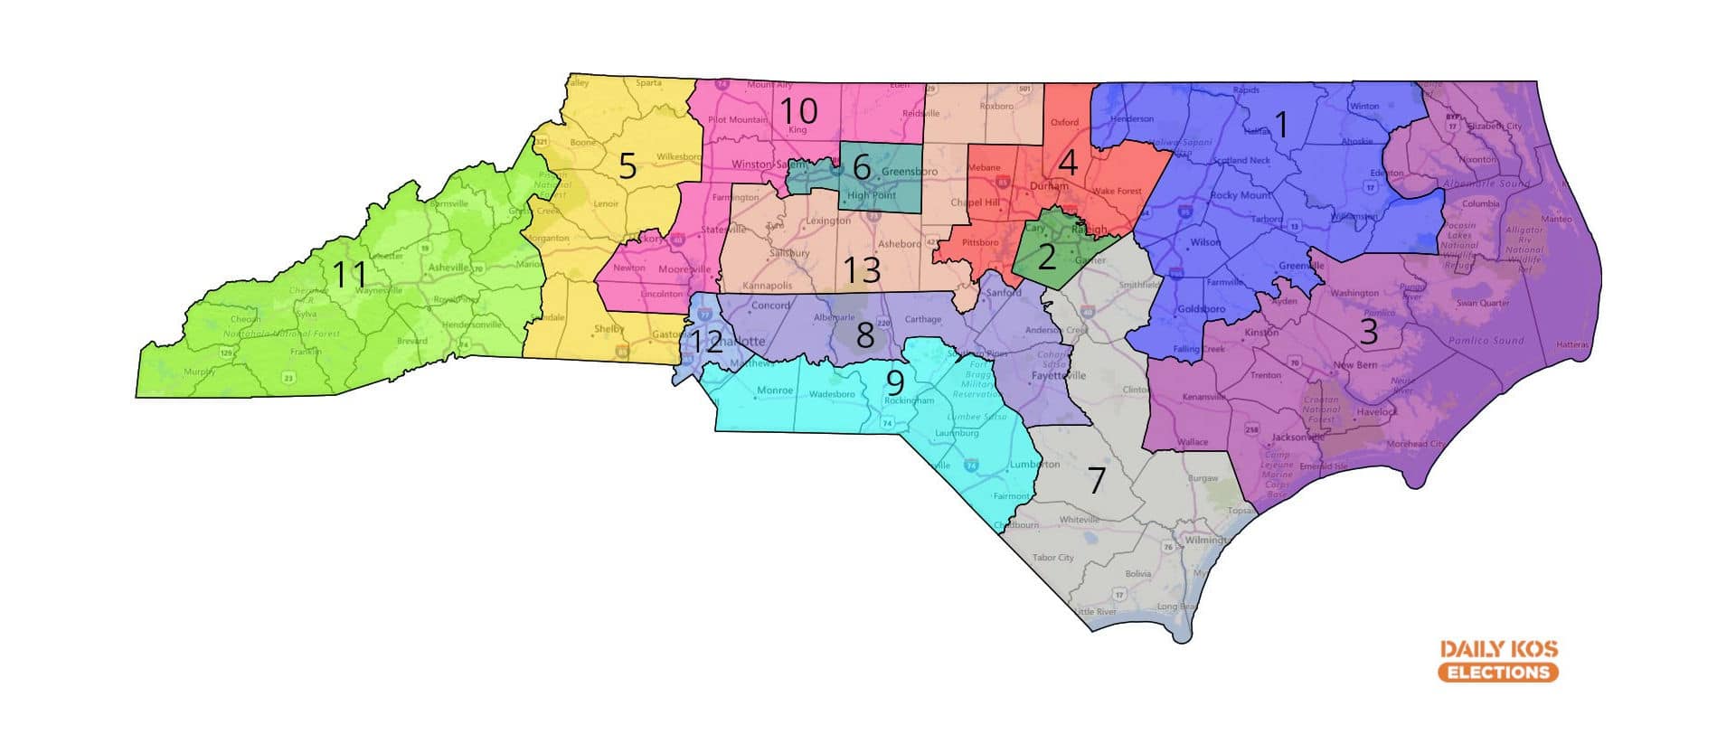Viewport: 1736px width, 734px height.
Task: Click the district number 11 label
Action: [x=349, y=274]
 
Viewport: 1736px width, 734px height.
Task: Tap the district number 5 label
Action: [x=627, y=166]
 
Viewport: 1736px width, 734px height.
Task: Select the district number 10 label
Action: [x=798, y=111]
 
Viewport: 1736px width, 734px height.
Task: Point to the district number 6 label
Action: [x=861, y=167]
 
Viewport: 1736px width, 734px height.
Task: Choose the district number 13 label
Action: [x=862, y=270]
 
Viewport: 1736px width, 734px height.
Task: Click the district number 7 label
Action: [x=1096, y=481]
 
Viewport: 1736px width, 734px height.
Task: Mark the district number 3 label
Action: [x=1369, y=332]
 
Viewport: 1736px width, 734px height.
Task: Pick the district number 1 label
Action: [x=1280, y=125]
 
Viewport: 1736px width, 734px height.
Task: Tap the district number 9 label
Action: [x=894, y=382]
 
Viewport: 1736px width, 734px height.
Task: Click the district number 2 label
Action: [x=1046, y=258]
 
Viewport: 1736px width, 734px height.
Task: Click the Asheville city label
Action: [x=448, y=268]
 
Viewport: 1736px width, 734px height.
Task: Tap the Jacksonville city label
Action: [x=1297, y=438]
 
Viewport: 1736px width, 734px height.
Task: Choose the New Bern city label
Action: [x=1355, y=365]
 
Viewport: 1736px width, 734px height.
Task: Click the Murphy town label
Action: [x=199, y=372]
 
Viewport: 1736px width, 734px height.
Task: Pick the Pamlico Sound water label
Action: [x=1486, y=341]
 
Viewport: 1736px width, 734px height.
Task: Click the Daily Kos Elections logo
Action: [x=1498, y=661]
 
